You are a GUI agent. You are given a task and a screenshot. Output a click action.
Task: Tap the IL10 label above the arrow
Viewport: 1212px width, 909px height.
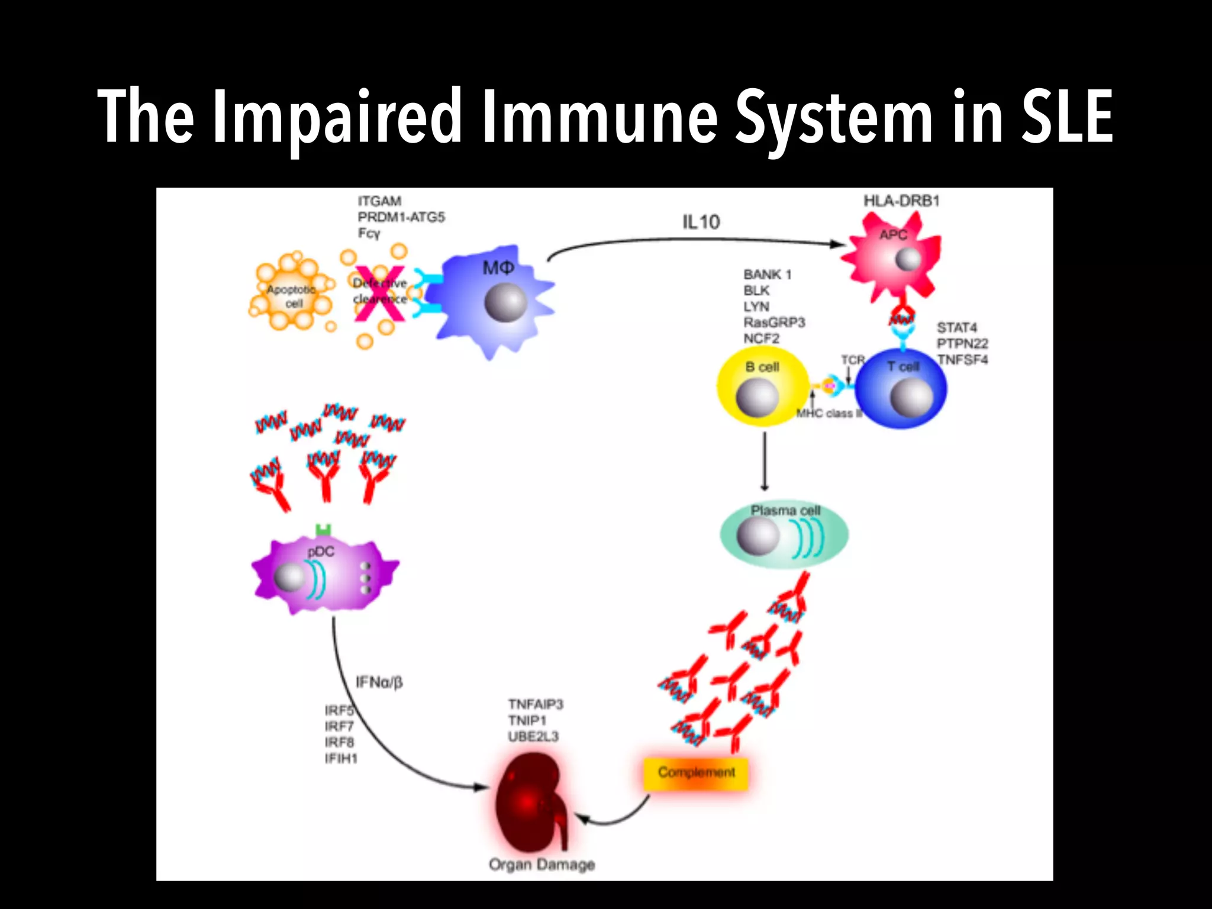tap(701, 223)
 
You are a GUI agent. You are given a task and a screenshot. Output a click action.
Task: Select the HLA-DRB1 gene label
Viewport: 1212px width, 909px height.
tap(901, 201)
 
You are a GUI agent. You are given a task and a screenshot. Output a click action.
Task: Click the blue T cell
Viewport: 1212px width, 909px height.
tap(901, 388)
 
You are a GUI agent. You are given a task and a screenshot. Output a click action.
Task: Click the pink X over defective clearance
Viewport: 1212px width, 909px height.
tap(379, 294)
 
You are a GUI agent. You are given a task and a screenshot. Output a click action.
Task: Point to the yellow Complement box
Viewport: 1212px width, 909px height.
tap(696, 773)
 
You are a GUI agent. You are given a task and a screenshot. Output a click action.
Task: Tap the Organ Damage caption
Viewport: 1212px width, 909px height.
tap(541, 865)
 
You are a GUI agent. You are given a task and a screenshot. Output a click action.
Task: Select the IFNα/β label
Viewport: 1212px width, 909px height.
tap(379, 682)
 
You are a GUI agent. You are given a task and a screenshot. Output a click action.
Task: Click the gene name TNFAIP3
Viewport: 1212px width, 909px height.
tap(535, 704)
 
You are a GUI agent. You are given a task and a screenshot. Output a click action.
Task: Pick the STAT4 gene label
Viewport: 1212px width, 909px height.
tap(956, 328)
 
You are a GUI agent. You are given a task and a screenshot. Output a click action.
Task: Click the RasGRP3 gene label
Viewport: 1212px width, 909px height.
tap(774, 323)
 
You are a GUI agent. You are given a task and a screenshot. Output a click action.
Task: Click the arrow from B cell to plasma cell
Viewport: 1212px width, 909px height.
tap(765, 461)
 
